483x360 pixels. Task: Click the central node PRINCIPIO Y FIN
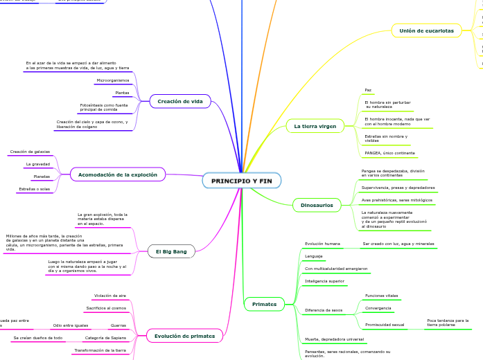[x=241, y=181]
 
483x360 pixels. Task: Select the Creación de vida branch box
[x=180, y=102]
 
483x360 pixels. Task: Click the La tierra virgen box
[x=315, y=126]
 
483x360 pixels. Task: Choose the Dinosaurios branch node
[x=317, y=205]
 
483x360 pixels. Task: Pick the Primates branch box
[x=264, y=304]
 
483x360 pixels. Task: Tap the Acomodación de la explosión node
[x=118, y=174]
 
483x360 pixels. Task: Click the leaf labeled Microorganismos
[x=112, y=80]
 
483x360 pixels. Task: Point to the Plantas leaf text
[x=121, y=93]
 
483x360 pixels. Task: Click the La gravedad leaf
[x=37, y=164]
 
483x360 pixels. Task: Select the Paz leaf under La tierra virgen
[x=368, y=90]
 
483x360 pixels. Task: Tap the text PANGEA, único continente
[x=389, y=153]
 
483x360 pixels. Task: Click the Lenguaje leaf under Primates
[x=313, y=256]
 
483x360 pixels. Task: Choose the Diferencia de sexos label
[x=324, y=310]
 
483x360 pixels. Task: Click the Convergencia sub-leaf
[x=378, y=308]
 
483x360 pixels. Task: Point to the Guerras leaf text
[x=118, y=325]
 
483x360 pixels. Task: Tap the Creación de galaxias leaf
[x=30, y=152]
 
